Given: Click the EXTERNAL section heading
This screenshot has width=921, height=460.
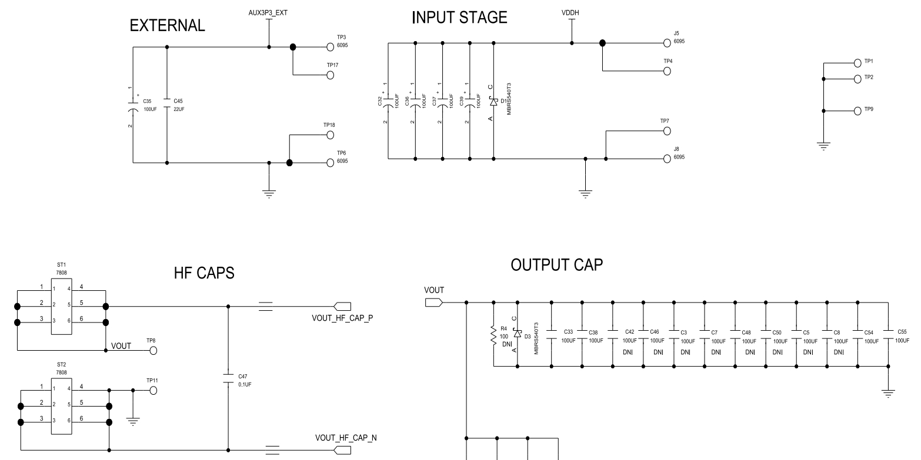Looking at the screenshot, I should (x=168, y=26).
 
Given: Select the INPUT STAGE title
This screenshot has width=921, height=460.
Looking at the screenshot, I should (x=459, y=18).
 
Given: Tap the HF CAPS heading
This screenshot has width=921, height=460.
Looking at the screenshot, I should (x=204, y=272).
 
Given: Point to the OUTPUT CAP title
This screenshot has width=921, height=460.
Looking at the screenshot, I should (x=557, y=266).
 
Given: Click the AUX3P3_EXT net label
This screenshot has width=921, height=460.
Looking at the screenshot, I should (x=268, y=12).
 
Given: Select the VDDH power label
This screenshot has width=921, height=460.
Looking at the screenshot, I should (x=571, y=13).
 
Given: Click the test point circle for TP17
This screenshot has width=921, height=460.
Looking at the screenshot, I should (x=330, y=75).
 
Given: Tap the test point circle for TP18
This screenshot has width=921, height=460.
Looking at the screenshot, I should (x=330, y=135).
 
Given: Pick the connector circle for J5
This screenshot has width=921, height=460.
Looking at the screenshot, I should (x=666, y=43).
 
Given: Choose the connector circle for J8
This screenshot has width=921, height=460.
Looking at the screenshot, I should (x=666, y=159).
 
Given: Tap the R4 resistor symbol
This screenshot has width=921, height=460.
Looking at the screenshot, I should (x=493, y=335).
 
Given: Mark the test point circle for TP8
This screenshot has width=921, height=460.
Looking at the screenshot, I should (x=153, y=351).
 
